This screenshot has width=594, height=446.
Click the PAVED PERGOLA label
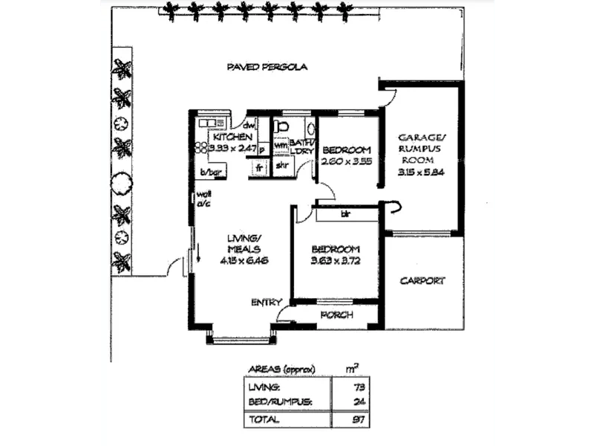pyautogui.click(x=267, y=67)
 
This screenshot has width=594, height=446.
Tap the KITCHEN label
pyautogui.click(x=232, y=138)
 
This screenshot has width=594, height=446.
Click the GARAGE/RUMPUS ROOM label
pyautogui.click(x=422, y=148)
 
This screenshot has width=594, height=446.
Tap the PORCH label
pyautogui.click(x=336, y=315)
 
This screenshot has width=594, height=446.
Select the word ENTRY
pyautogui.click(x=266, y=302)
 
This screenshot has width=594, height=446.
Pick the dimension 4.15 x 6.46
pyautogui.click(x=243, y=261)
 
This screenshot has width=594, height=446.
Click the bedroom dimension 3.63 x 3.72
pyautogui.click(x=336, y=261)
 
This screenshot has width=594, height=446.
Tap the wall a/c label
pyautogui.click(x=203, y=199)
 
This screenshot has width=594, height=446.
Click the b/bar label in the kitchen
pyautogui.click(x=210, y=173)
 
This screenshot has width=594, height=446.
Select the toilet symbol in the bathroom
pyautogui.click(x=281, y=126)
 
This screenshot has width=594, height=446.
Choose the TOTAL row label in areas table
pyautogui.click(x=264, y=419)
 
